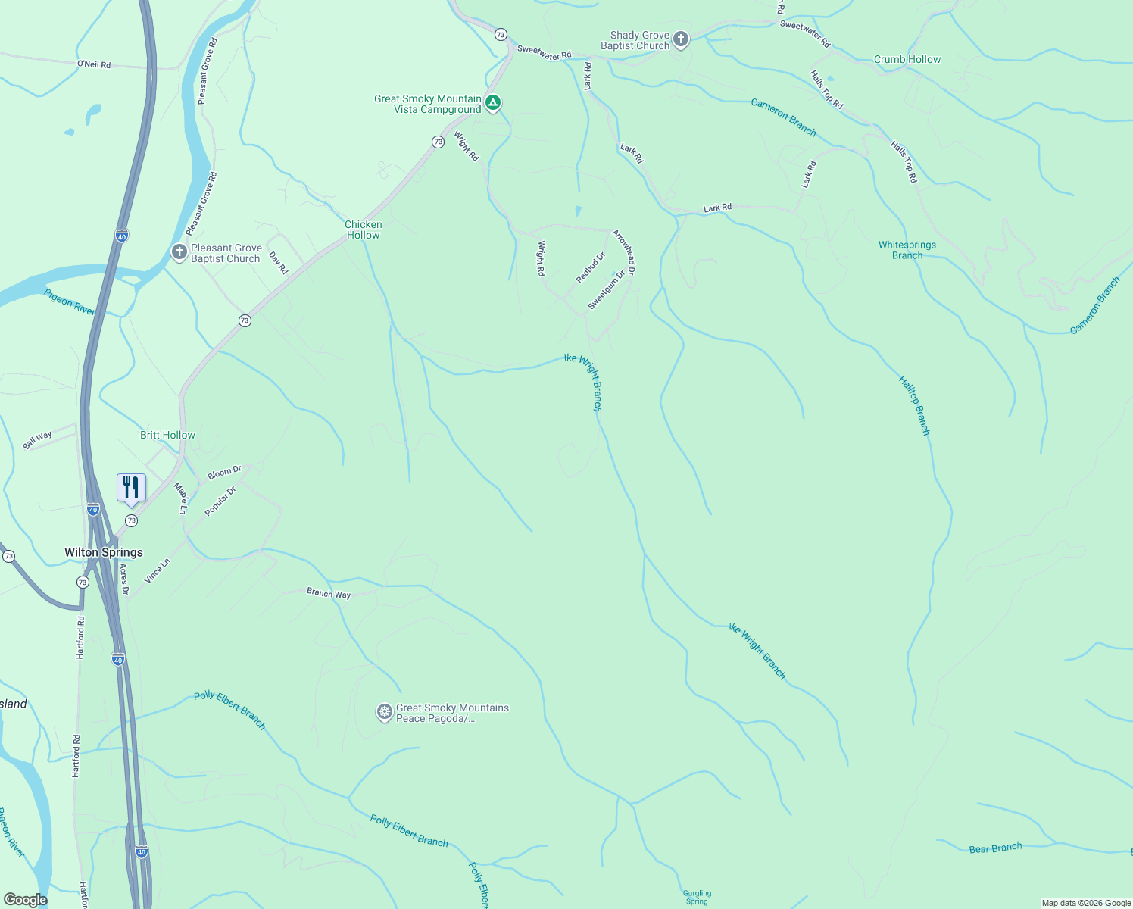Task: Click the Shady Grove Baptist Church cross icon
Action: [x=680, y=39]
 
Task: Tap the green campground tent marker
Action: [x=492, y=103]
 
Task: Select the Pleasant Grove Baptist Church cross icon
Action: [x=179, y=252]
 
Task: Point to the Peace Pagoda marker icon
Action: [x=385, y=712]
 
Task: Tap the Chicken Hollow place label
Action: [x=364, y=230]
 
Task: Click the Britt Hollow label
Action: [x=167, y=435]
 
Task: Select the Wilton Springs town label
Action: [x=104, y=552]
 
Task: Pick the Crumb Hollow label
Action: [x=907, y=59]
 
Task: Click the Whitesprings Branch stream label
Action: [x=907, y=250]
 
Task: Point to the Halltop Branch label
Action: [x=913, y=405]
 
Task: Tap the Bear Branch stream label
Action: [x=995, y=848]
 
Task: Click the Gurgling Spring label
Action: [x=697, y=897]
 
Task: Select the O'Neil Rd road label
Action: [x=94, y=64]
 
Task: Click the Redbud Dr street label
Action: [x=591, y=268]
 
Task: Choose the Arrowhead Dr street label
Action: [x=624, y=251]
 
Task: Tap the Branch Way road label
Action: [x=329, y=593]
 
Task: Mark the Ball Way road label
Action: [x=37, y=440]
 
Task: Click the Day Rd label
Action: [x=279, y=263]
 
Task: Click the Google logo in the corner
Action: [x=25, y=899]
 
